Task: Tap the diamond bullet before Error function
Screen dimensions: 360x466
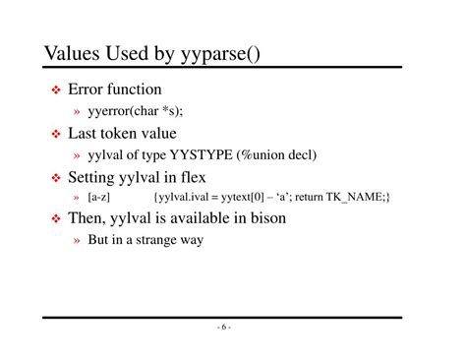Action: [x=56, y=91]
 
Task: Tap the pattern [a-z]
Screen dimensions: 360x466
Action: [x=99, y=198]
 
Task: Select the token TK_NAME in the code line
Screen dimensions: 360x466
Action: [x=356, y=198]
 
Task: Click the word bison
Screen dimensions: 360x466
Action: [x=267, y=218]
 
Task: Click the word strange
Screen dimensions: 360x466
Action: [x=153, y=239]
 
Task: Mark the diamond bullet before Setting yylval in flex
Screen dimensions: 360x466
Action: [x=56, y=178]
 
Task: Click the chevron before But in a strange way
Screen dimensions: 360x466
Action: [x=77, y=239]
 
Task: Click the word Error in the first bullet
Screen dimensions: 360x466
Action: [x=87, y=90]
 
